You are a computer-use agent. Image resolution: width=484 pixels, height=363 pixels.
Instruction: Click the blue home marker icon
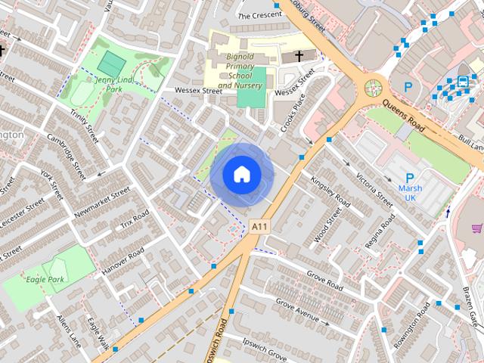click(241, 175)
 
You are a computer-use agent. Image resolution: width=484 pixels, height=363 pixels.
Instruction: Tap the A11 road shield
click(260, 226)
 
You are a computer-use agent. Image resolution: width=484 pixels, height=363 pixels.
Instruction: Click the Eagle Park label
click(45, 279)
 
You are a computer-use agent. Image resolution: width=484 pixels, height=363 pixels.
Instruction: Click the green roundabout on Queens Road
click(372, 88)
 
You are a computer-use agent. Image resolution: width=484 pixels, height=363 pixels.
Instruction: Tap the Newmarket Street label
click(102, 202)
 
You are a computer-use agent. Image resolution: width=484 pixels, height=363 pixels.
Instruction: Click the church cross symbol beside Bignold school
click(299, 57)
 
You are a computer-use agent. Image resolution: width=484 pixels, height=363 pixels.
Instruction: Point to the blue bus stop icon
click(462, 82)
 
